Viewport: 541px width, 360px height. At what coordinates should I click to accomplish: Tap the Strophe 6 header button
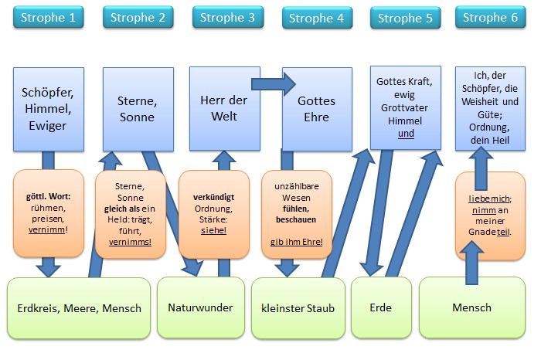490,16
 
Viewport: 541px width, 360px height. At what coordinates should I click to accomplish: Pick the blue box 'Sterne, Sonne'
136,109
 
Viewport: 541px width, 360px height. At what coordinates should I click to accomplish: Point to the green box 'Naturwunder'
200,307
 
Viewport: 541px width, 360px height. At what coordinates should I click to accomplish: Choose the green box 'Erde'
380,307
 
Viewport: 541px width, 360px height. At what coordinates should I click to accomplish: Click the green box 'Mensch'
471,307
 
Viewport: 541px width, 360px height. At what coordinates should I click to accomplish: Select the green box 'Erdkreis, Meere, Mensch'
79,308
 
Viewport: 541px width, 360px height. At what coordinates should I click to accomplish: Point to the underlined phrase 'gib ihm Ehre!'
297,242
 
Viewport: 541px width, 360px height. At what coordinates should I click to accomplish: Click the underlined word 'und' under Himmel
406,133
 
